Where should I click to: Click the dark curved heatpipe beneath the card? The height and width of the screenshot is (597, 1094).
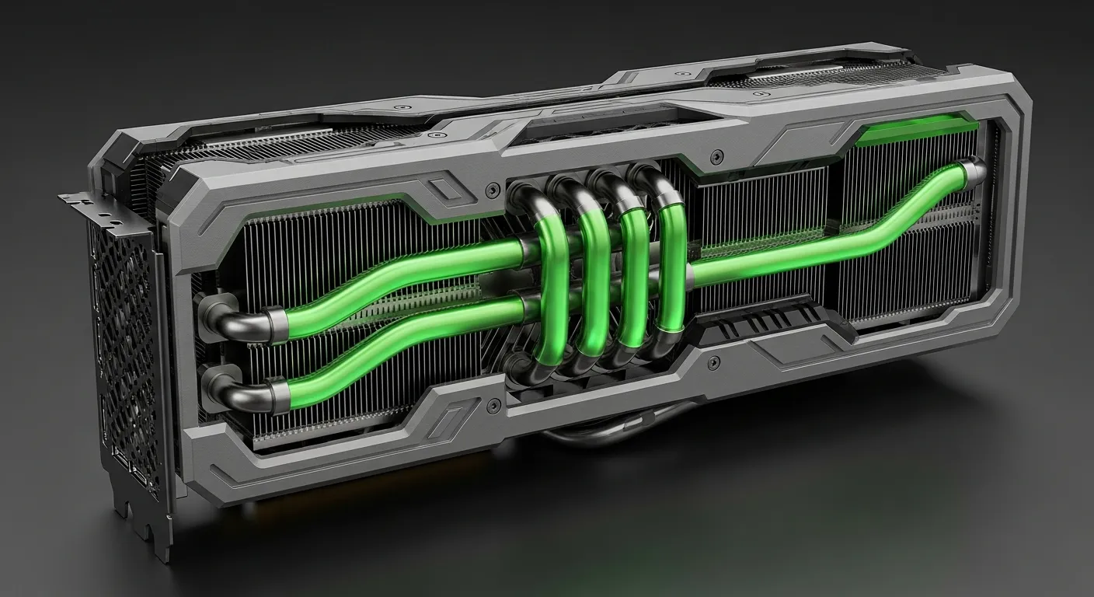click(591, 438)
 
